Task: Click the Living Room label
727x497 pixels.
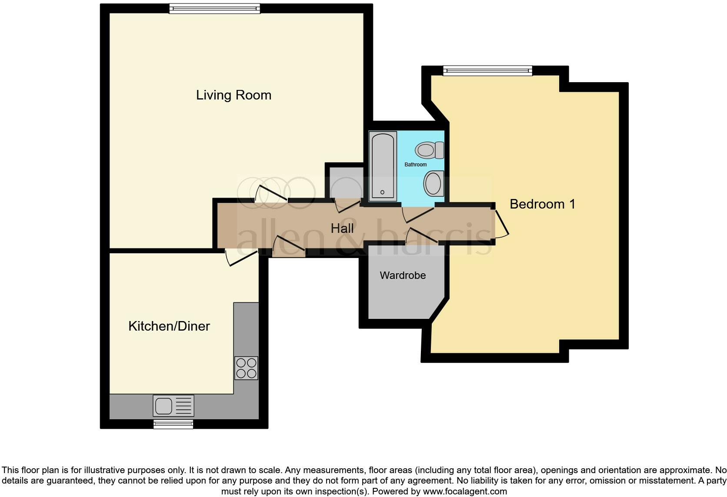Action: point(233,95)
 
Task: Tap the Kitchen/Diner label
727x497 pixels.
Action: point(169,326)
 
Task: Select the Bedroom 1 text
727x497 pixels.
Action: point(542,204)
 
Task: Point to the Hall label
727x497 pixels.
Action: point(342,229)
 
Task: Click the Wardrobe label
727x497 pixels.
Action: point(403,275)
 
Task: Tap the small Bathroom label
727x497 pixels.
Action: point(416,165)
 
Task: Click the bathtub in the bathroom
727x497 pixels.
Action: point(383,166)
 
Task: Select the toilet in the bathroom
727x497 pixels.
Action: point(429,150)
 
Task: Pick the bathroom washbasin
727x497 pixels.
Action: point(434,183)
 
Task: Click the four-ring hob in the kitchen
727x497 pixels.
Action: point(246,368)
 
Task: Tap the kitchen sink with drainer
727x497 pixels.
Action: point(173,406)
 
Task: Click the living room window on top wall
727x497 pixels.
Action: point(214,9)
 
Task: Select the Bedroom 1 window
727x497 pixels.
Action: point(487,70)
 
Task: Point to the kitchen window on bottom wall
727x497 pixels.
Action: point(173,424)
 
